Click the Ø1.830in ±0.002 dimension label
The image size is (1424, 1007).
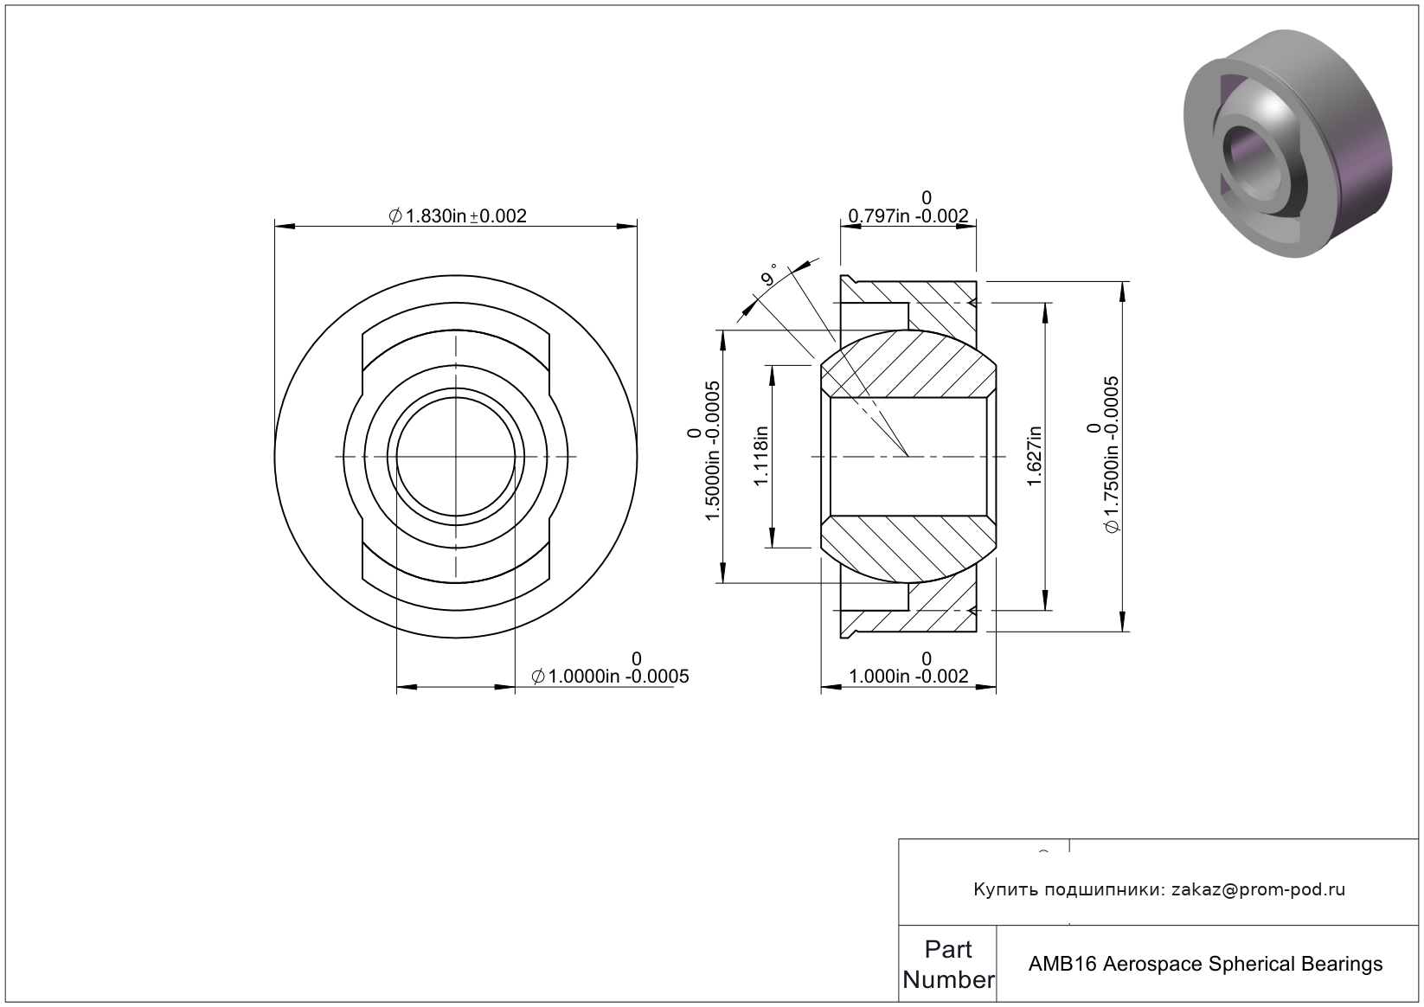tap(458, 216)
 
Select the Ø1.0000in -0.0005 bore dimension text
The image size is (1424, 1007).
tap(610, 669)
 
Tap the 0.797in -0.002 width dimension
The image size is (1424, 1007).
tap(908, 208)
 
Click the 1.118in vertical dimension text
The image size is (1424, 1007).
tap(761, 456)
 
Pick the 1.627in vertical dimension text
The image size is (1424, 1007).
tap(1035, 456)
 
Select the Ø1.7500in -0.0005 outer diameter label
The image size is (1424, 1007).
tap(1103, 455)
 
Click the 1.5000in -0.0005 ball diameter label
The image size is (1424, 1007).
tap(703, 451)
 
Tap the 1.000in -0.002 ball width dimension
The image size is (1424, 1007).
tap(908, 668)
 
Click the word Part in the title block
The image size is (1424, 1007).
tap(948, 949)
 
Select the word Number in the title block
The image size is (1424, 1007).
tap(948, 979)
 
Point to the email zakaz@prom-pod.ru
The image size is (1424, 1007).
tap(1258, 889)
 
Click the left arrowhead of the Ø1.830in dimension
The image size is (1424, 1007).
tap(285, 227)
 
